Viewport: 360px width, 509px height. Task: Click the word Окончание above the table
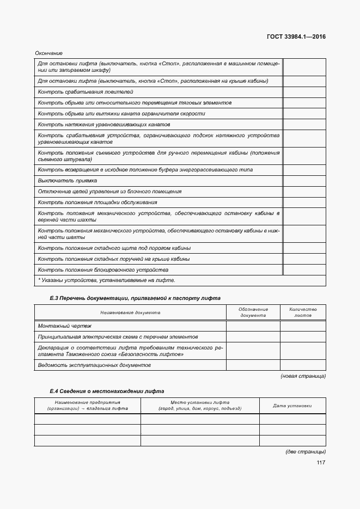coord(49,53)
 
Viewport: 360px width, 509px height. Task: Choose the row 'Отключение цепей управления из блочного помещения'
coord(109,191)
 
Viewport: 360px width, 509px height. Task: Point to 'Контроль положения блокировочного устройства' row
coord(103,269)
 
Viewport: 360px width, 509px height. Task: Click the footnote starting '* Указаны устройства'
coord(106,280)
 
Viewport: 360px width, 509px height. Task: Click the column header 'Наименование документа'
coord(130,312)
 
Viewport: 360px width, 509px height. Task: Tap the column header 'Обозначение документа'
coord(253,312)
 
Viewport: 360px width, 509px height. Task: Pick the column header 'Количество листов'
coord(302,312)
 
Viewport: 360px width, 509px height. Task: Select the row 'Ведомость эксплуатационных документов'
coord(94,365)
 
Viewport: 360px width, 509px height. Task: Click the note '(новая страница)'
coord(303,376)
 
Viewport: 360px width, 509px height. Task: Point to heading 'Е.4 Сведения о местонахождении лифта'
coord(106,391)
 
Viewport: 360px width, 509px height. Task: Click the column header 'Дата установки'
coord(292,406)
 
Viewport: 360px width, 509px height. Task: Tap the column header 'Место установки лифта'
coord(199,406)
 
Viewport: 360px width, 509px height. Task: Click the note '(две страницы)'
coord(306,452)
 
